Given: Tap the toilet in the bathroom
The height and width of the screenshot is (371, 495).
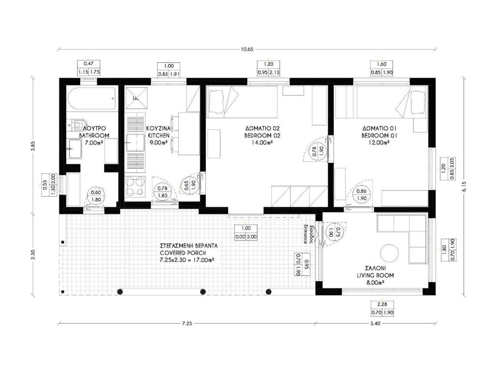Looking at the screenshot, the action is click(77, 125).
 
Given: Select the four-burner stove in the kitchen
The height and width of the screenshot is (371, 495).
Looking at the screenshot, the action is click(135, 186).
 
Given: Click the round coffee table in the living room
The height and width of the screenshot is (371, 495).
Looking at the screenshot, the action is click(390, 253).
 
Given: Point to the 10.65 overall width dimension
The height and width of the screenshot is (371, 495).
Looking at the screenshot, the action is click(247, 49).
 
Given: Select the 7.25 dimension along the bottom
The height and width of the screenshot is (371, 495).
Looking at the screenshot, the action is click(187, 323).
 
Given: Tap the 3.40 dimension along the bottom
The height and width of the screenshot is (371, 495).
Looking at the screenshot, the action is click(375, 323).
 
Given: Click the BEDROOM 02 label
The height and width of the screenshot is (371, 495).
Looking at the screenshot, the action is click(262, 135).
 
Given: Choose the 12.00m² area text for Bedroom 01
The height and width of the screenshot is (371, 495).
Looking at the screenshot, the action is click(379, 143).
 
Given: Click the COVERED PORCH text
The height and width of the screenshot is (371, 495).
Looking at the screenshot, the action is click(183, 253).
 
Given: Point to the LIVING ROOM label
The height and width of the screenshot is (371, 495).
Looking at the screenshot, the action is click(375, 275).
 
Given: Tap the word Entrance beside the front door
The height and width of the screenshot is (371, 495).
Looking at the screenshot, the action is click(306, 234).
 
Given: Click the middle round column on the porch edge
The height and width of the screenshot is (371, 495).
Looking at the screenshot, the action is click(203, 291).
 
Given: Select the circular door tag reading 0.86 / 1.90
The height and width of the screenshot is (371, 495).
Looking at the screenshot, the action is click(362, 195).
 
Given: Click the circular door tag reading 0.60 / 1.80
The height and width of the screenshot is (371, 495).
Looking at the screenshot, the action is click(96, 196).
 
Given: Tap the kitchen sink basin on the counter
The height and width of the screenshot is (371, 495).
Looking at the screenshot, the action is click(135, 143).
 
